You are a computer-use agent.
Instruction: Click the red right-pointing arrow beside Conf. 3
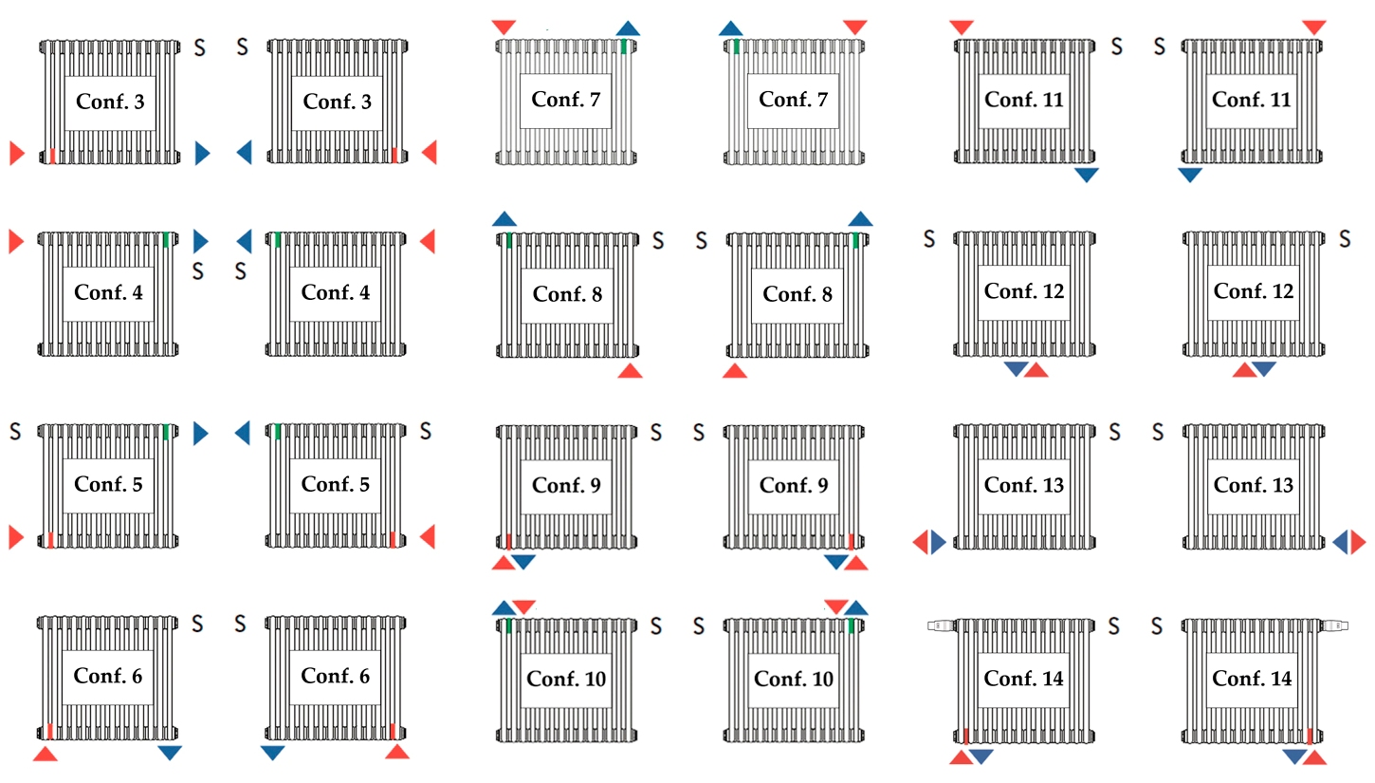[16, 153]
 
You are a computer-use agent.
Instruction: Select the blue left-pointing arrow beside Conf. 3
[245, 153]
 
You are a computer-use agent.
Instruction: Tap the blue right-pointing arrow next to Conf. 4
[201, 241]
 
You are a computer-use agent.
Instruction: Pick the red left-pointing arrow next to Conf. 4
[428, 241]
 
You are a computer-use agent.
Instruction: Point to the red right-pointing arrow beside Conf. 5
[16, 537]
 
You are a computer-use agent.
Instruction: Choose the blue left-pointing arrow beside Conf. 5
[243, 433]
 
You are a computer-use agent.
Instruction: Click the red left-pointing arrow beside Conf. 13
[920, 542]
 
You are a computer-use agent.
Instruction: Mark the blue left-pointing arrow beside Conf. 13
[1340, 542]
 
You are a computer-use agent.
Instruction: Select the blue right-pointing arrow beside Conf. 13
[939, 542]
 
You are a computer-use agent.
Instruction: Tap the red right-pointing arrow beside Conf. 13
[1359, 542]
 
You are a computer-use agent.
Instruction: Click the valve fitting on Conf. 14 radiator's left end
[941, 625]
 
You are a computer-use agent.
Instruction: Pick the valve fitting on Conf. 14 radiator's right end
[1334, 625]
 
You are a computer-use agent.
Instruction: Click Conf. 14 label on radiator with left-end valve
[1023, 679]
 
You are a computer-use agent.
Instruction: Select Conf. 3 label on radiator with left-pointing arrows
[337, 102]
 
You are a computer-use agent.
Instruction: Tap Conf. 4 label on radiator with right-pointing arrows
[108, 292]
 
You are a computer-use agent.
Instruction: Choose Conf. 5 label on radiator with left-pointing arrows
[335, 484]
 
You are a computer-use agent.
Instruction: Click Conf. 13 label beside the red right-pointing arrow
[1253, 485]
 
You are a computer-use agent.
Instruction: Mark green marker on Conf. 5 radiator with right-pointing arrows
[166, 432]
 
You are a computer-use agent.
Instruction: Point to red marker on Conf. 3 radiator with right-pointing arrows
[53, 156]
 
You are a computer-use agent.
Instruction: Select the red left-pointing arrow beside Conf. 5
[428, 536]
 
